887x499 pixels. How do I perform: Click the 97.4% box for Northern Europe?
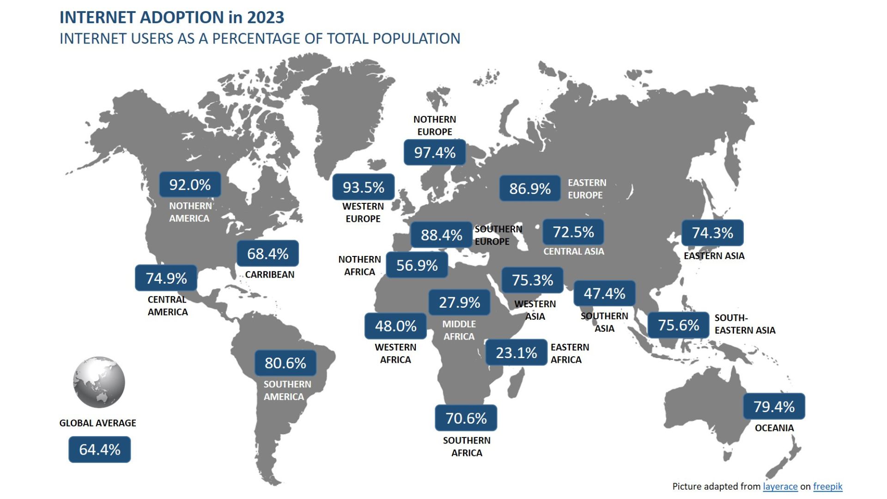tap(435, 152)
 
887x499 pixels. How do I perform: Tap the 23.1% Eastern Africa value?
tap(516, 353)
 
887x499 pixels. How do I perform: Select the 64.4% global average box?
tap(99, 450)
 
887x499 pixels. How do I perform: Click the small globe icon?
tap(99, 382)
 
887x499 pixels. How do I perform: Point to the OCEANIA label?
tap(774, 428)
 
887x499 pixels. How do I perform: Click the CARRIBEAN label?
tap(269, 274)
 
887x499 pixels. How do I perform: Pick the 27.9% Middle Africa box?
tap(459, 302)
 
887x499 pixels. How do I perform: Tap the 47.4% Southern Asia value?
tap(604, 293)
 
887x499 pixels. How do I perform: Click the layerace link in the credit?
tap(780, 486)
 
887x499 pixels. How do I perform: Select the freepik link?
tap(827, 486)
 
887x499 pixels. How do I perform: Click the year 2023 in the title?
tap(265, 18)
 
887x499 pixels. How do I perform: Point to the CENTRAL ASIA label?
tap(573, 251)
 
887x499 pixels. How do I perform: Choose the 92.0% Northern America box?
tap(190, 185)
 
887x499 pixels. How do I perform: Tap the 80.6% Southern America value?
tap(285, 363)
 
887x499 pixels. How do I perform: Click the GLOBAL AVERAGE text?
tap(97, 423)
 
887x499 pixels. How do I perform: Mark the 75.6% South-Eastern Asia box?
tap(678, 325)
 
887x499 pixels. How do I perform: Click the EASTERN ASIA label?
tap(714, 256)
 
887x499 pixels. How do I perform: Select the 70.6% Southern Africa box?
tap(466, 418)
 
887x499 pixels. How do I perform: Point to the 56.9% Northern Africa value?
tap(417, 265)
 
